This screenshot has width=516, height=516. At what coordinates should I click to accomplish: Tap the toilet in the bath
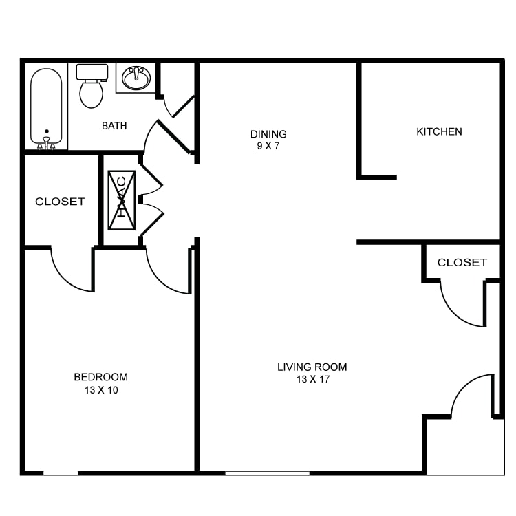click(92, 86)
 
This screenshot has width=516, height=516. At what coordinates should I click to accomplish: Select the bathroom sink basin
click(136, 78)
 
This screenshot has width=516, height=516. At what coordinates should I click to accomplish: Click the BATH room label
click(114, 126)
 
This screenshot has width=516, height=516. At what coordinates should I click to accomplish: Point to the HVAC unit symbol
click(122, 200)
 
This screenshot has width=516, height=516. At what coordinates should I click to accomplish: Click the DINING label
click(268, 134)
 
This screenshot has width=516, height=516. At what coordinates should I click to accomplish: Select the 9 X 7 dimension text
click(268, 146)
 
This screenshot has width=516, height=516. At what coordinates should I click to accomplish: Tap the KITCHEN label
click(440, 131)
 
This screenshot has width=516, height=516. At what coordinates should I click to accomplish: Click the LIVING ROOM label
click(312, 367)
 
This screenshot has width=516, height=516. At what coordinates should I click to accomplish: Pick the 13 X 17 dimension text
click(313, 379)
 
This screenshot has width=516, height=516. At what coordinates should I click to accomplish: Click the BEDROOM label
click(100, 377)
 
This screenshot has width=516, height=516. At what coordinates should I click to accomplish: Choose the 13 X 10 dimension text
click(101, 390)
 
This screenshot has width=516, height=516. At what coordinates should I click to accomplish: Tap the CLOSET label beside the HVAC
click(61, 202)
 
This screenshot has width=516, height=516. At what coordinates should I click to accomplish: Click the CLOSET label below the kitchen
click(462, 262)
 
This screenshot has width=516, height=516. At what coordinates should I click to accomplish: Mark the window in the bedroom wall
click(61, 473)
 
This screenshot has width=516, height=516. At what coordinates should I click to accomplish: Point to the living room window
click(267, 473)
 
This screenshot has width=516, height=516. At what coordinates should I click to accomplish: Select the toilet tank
click(92, 72)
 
